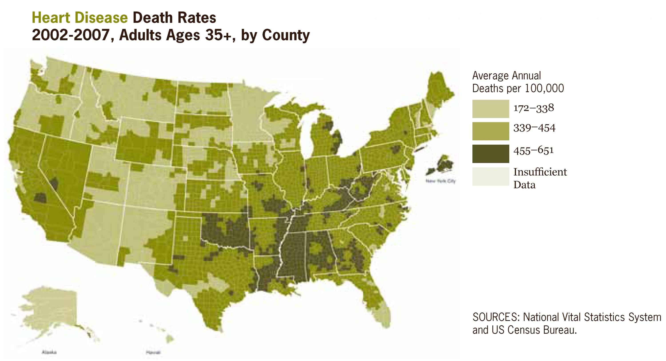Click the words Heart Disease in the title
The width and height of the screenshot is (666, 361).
click(x=80, y=18)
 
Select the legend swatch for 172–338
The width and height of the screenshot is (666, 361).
click(x=490, y=109)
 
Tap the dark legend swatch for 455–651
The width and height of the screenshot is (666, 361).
click(x=490, y=154)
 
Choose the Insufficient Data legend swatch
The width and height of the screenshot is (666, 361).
click(x=490, y=176)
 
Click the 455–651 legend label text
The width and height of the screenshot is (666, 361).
click(x=533, y=150)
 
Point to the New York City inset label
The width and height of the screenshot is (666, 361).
click(x=440, y=181)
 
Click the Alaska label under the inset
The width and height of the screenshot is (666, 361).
click(x=49, y=352)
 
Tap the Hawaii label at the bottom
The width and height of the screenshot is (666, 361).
click(x=153, y=352)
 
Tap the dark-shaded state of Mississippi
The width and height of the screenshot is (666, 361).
click(x=293, y=256)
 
